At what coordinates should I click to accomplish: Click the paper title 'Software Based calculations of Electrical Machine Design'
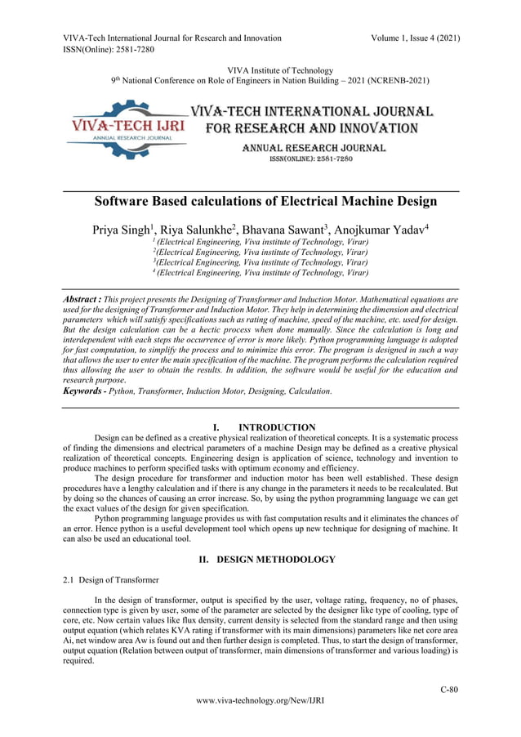pos(265,201)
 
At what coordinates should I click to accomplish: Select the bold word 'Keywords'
pos(84,391)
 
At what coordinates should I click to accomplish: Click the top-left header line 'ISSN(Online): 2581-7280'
pos(109,49)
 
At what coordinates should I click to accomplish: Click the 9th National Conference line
pos(269,81)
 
